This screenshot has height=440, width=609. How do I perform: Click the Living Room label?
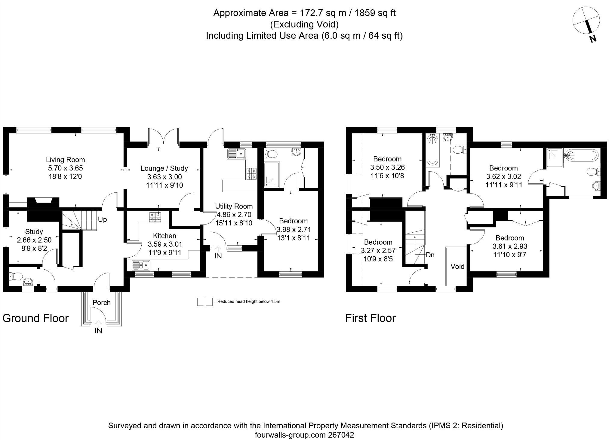[x=65, y=160]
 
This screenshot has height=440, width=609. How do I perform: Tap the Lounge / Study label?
[x=164, y=168]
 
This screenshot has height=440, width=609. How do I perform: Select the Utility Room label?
[x=234, y=206]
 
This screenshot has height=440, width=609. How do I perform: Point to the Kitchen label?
[x=165, y=236]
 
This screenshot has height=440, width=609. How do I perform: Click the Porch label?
[x=102, y=303]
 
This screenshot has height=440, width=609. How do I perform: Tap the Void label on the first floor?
[x=457, y=267]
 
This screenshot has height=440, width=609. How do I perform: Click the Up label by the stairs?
[x=102, y=220]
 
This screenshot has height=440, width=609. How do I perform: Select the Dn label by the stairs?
[x=430, y=255]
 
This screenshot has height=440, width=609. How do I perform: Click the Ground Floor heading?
[x=35, y=318]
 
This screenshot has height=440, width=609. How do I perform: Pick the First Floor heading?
[x=370, y=318]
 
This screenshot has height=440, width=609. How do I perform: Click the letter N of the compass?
[x=592, y=39]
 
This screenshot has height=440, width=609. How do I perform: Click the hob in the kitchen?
[x=155, y=217]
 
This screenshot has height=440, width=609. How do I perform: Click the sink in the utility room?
[x=237, y=154]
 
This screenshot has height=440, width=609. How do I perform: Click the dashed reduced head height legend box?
[x=205, y=302]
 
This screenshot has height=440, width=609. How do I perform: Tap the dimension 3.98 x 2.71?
[x=293, y=230]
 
